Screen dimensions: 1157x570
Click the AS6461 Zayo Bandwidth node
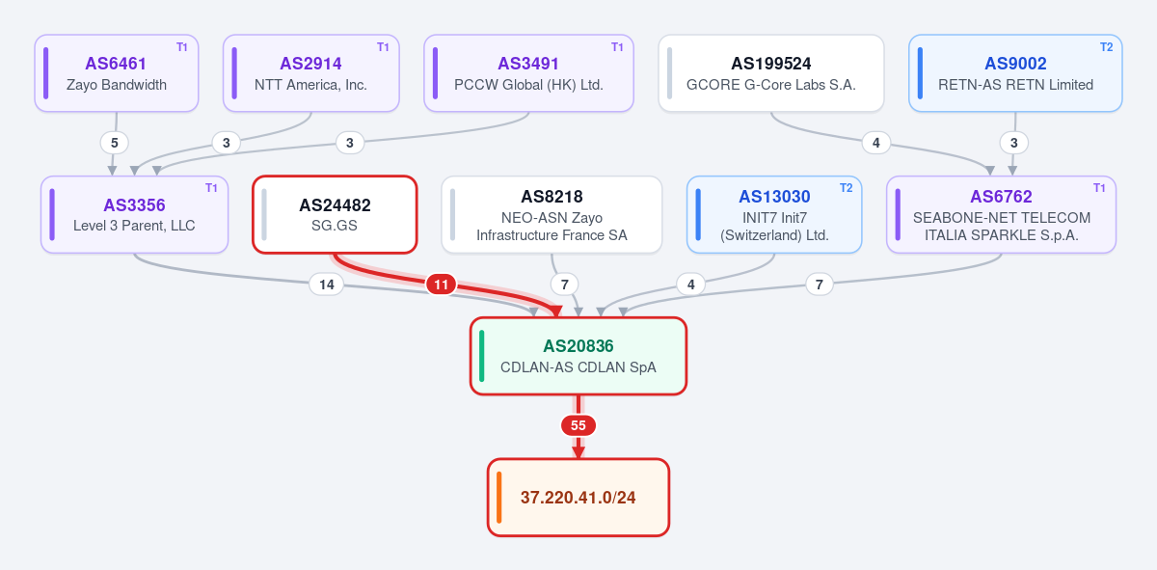coord(117,73)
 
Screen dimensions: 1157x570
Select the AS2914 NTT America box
coord(310,73)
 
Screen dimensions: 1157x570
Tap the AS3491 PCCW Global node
coord(529,73)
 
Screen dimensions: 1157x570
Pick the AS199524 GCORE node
coord(771,73)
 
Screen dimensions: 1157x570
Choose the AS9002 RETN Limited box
coord(1015,73)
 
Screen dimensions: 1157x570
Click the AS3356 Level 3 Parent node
coord(134,214)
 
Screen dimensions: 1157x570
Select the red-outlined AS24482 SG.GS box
coord(335,214)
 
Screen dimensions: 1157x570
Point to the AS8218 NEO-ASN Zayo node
coord(552,214)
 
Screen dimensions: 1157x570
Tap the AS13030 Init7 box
coord(774,214)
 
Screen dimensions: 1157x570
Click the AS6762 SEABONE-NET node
coord(1002,214)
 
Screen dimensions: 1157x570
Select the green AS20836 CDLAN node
coord(578,356)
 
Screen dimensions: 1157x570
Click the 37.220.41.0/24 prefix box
coord(578,497)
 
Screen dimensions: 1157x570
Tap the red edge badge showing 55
coord(578,425)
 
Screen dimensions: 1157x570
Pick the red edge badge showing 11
coord(442,285)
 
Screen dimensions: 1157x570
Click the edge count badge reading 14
coord(327,285)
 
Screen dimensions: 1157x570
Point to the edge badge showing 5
coord(115,143)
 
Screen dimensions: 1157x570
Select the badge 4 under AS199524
coord(876,143)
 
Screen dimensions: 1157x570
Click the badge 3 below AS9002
coord(1014,143)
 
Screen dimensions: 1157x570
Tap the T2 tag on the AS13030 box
coord(847,188)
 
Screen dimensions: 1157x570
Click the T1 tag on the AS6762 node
coord(1099,188)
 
